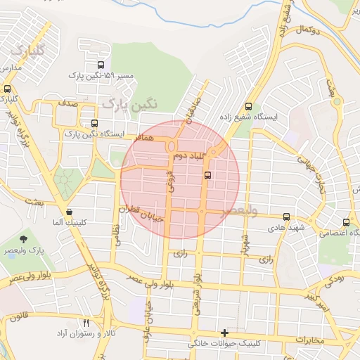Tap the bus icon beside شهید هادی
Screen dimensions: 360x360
285,217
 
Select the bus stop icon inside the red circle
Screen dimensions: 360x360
207,175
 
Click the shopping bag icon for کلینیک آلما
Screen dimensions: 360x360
69,211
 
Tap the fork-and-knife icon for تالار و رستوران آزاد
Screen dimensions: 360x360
86,322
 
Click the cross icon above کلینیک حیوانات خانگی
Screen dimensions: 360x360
224,333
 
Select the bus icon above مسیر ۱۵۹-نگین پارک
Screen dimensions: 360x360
101,65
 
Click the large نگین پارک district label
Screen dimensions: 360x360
131,103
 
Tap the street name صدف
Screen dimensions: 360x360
67,103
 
